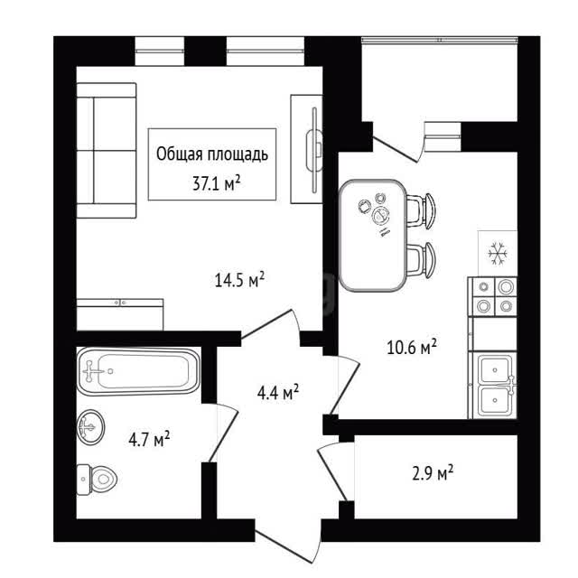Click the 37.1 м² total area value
(x=217, y=182)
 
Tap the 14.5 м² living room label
(x=239, y=280)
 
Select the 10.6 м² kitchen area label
(x=412, y=347)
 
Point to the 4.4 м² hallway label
(x=278, y=392)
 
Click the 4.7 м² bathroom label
(x=149, y=439)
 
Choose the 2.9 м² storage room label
(x=433, y=473)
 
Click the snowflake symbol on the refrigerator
(x=498, y=253)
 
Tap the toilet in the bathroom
(x=97, y=480)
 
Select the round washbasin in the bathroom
(x=90, y=427)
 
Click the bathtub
(x=138, y=371)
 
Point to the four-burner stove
(x=492, y=297)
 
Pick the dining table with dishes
(x=373, y=235)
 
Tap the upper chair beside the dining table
(x=421, y=210)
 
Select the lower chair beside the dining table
(x=421, y=260)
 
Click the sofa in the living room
(x=107, y=151)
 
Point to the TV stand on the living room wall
(x=307, y=149)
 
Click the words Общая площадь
(x=212, y=154)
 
